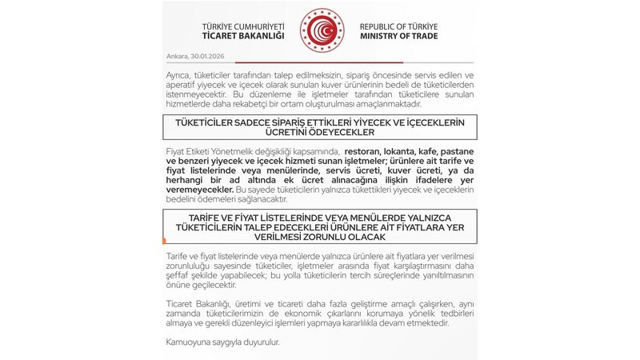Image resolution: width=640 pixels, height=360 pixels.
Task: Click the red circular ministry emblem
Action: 321,30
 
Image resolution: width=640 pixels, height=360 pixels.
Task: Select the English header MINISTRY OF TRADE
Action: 398,36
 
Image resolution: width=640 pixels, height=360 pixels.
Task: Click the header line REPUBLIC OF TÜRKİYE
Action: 398,26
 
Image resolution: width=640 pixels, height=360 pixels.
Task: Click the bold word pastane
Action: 455,151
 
